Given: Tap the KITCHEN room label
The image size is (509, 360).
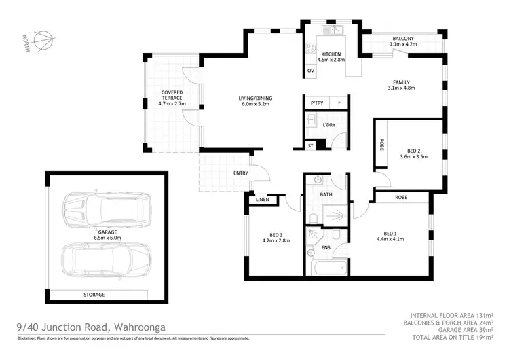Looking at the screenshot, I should coord(331,53).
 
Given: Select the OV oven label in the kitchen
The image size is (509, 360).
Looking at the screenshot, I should coord(311,71).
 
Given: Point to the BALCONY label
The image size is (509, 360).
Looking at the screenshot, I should coord(402,39).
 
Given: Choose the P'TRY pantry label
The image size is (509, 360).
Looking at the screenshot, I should coord(316,103).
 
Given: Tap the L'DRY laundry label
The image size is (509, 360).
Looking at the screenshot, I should coord(329,125).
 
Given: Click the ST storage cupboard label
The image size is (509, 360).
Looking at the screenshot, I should coord(311,145).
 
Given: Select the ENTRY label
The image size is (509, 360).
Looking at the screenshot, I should coord(240,173).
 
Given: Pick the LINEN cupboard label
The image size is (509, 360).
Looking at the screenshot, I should coord(263,200).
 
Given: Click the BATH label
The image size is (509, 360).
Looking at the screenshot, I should coord(326,195).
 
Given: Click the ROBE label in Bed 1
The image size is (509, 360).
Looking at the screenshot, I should coord(404,197).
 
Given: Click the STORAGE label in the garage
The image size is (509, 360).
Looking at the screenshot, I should coord(94,295).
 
